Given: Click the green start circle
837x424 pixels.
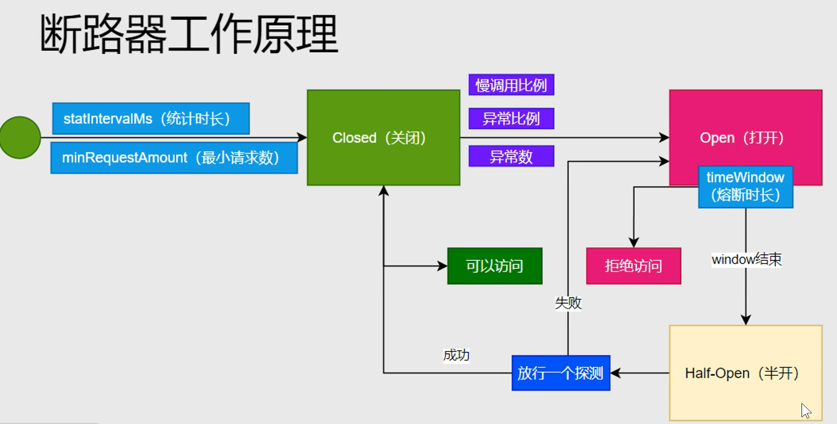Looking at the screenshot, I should [x=20, y=138].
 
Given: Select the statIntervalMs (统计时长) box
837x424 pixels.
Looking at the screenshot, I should [x=150, y=119].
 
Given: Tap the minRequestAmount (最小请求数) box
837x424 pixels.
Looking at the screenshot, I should [x=174, y=158].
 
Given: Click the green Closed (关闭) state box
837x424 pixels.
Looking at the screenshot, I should [x=383, y=138].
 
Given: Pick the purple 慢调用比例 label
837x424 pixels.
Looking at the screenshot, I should [x=511, y=85].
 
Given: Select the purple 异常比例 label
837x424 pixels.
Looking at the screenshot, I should [x=511, y=119].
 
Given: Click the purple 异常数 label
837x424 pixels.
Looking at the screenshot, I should [x=511, y=157].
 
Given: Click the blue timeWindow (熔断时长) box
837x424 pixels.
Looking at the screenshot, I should [x=745, y=187].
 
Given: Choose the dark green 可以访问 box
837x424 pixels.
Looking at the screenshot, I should [x=494, y=266].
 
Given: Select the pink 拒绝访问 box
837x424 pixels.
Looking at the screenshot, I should [x=633, y=266].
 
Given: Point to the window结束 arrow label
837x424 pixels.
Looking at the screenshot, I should [x=746, y=259].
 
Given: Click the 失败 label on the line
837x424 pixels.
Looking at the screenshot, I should [x=568, y=303].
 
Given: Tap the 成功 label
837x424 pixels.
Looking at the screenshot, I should [x=456, y=355].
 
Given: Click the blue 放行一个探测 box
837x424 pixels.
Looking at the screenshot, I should [x=560, y=373].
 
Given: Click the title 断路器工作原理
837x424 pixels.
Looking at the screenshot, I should [x=189, y=34].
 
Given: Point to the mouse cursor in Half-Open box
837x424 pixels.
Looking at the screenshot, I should [x=805, y=410].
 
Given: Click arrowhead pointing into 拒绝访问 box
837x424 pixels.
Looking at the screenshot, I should [x=634, y=242].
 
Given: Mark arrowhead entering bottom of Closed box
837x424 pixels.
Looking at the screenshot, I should [x=384, y=191].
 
